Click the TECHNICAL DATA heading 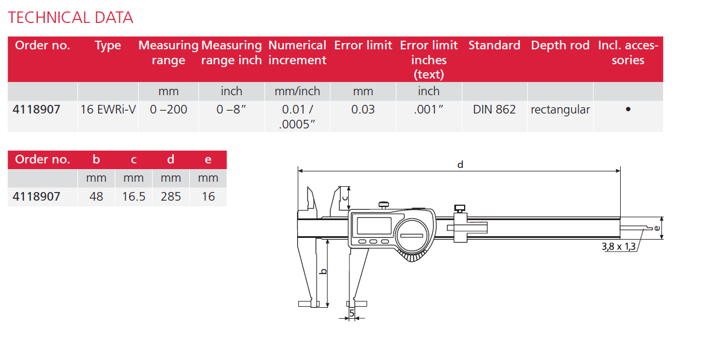point(71,18)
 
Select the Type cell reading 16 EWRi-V point(108,109)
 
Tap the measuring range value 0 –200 point(169,109)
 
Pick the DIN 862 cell point(494,109)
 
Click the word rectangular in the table point(560,109)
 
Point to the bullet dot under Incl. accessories point(628,109)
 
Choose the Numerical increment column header point(297,53)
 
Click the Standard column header point(494,45)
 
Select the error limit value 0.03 point(363,109)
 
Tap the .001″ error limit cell point(429,109)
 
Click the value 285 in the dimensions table point(171,197)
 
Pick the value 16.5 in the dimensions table point(134,197)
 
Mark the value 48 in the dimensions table point(96,197)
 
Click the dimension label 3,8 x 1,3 point(618,247)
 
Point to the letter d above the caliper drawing point(459,165)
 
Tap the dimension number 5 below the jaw point(352,313)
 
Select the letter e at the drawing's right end point(657,228)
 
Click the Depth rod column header point(560,45)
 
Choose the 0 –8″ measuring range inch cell point(231,109)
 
